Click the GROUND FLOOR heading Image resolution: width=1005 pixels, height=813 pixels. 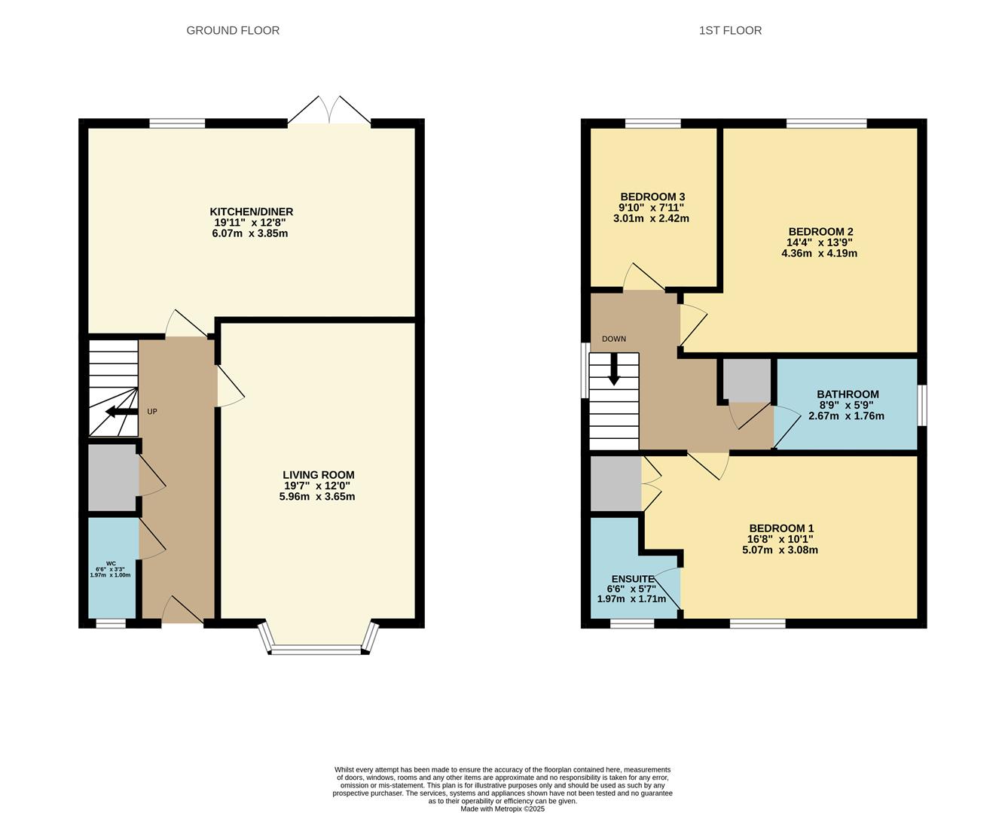click(233, 31)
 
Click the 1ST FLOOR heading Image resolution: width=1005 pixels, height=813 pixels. click(730, 31)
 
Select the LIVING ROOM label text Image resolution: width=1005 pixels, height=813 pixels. click(318, 475)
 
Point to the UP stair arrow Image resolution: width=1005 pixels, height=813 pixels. click(120, 411)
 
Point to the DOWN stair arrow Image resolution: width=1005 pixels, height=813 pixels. click(614, 369)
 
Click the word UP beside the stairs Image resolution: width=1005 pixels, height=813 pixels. click(152, 412)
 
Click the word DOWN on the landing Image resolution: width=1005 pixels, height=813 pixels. click(614, 339)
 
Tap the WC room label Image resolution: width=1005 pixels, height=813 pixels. click(111, 564)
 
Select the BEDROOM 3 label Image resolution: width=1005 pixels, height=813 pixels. click(652, 196)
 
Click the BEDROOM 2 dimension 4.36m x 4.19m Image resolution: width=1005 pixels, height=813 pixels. click(819, 254)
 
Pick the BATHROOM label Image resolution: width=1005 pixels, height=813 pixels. click(848, 394)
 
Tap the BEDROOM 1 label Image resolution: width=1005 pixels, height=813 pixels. click(781, 528)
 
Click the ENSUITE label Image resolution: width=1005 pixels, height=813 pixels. click(632, 579)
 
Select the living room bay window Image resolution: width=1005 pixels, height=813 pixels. click(316, 648)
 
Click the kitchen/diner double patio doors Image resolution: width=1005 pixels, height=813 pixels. click(329, 111)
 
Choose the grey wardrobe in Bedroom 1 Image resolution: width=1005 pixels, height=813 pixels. click(616, 483)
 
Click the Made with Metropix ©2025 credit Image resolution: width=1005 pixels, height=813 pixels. click(502, 809)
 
